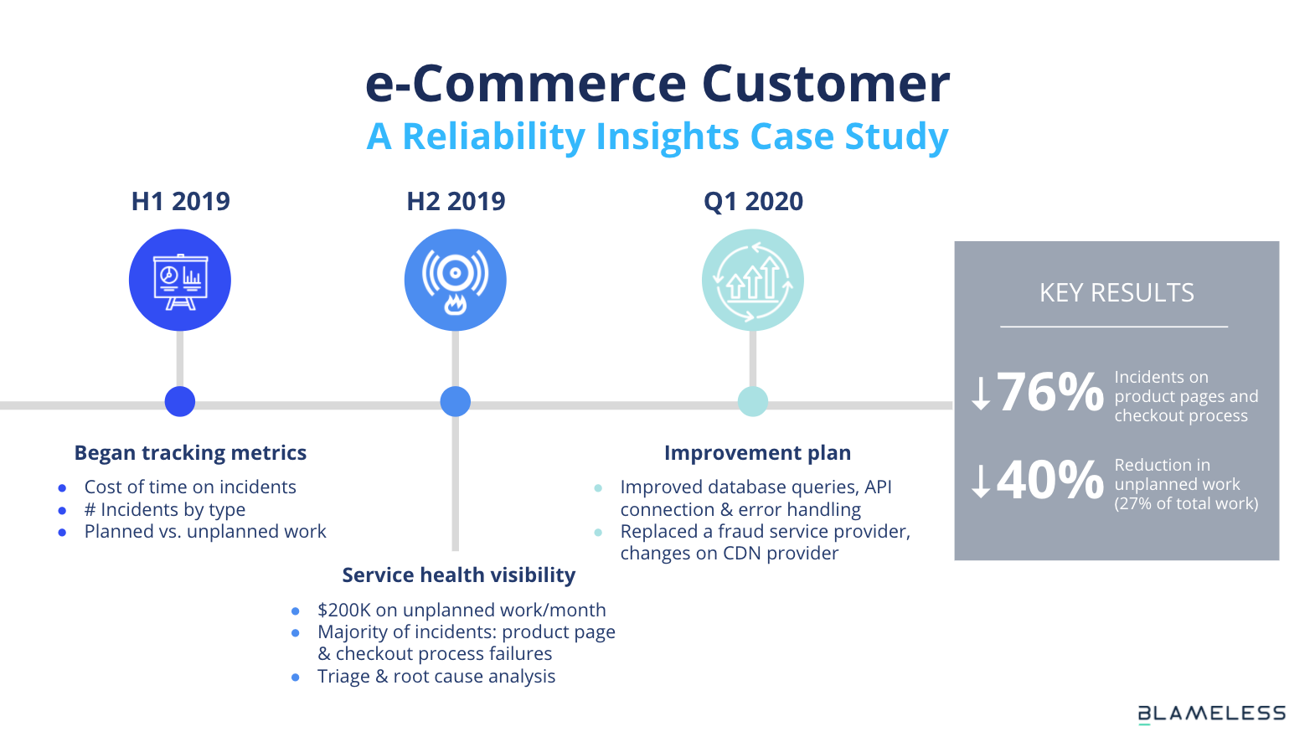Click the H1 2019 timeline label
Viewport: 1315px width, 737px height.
click(x=180, y=201)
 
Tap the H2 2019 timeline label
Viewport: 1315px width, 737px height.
click(x=456, y=201)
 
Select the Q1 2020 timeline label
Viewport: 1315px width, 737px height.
click(x=753, y=201)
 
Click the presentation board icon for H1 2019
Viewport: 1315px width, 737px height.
click(x=180, y=281)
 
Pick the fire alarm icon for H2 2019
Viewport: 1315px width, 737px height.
click(x=456, y=281)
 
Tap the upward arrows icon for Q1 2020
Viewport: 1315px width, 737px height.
click(x=753, y=281)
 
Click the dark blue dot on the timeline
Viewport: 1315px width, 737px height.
click(x=180, y=401)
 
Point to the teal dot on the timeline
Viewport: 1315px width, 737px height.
click(x=753, y=401)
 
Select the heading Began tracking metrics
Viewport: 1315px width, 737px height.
click(x=190, y=453)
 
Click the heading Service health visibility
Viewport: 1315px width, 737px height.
click(x=458, y=575)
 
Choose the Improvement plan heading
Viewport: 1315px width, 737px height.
click(x=757, y=453)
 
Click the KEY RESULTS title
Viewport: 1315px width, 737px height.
click(x=1116, y=293)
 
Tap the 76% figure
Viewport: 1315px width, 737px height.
click(x=1049, y=392)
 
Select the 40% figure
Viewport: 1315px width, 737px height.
click(x=1049, y=480)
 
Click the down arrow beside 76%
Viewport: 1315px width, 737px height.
click(x=981, y=393)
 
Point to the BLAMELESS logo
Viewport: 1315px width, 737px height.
click(x=1212, y=714)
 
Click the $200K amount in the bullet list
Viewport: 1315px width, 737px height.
click(x=343, y=611)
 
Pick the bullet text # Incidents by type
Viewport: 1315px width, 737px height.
click(x=165, y=509)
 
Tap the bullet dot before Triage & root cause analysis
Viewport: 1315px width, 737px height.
click(x=296, y=678)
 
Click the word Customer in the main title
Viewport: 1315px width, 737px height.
click(x=825, y=83)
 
